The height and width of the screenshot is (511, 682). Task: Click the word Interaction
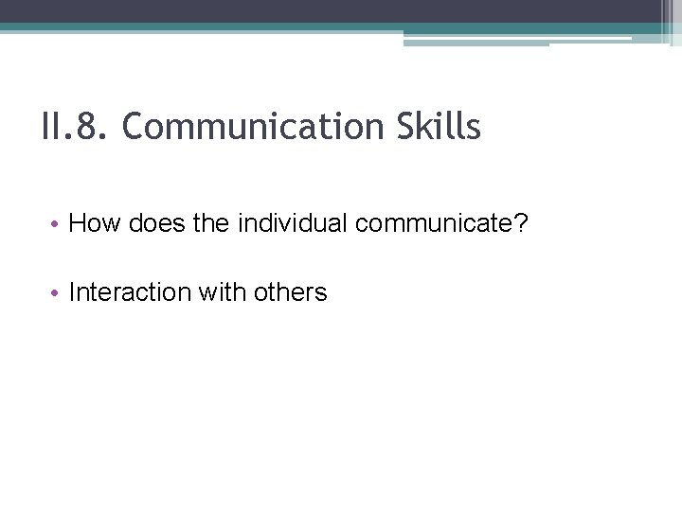click(x=130, y=293)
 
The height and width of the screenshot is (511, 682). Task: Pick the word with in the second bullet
click(x=223, y=293)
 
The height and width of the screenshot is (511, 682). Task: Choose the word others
click(x=290, y=293)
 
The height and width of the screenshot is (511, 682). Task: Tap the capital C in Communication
click(x=132, y=127)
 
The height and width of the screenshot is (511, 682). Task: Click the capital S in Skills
click(x=393, y=127)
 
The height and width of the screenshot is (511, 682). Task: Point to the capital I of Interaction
click(x=73, y=293)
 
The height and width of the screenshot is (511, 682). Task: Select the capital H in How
click(x=79, y=224)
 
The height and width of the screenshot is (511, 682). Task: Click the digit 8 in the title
click(x=91, y=127)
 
